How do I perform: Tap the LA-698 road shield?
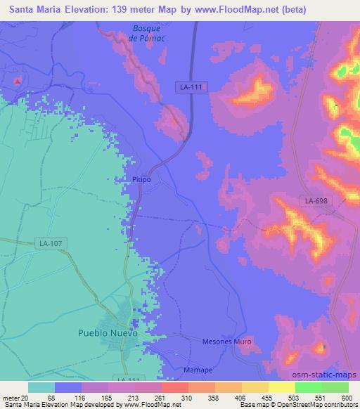pos(317,202)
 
